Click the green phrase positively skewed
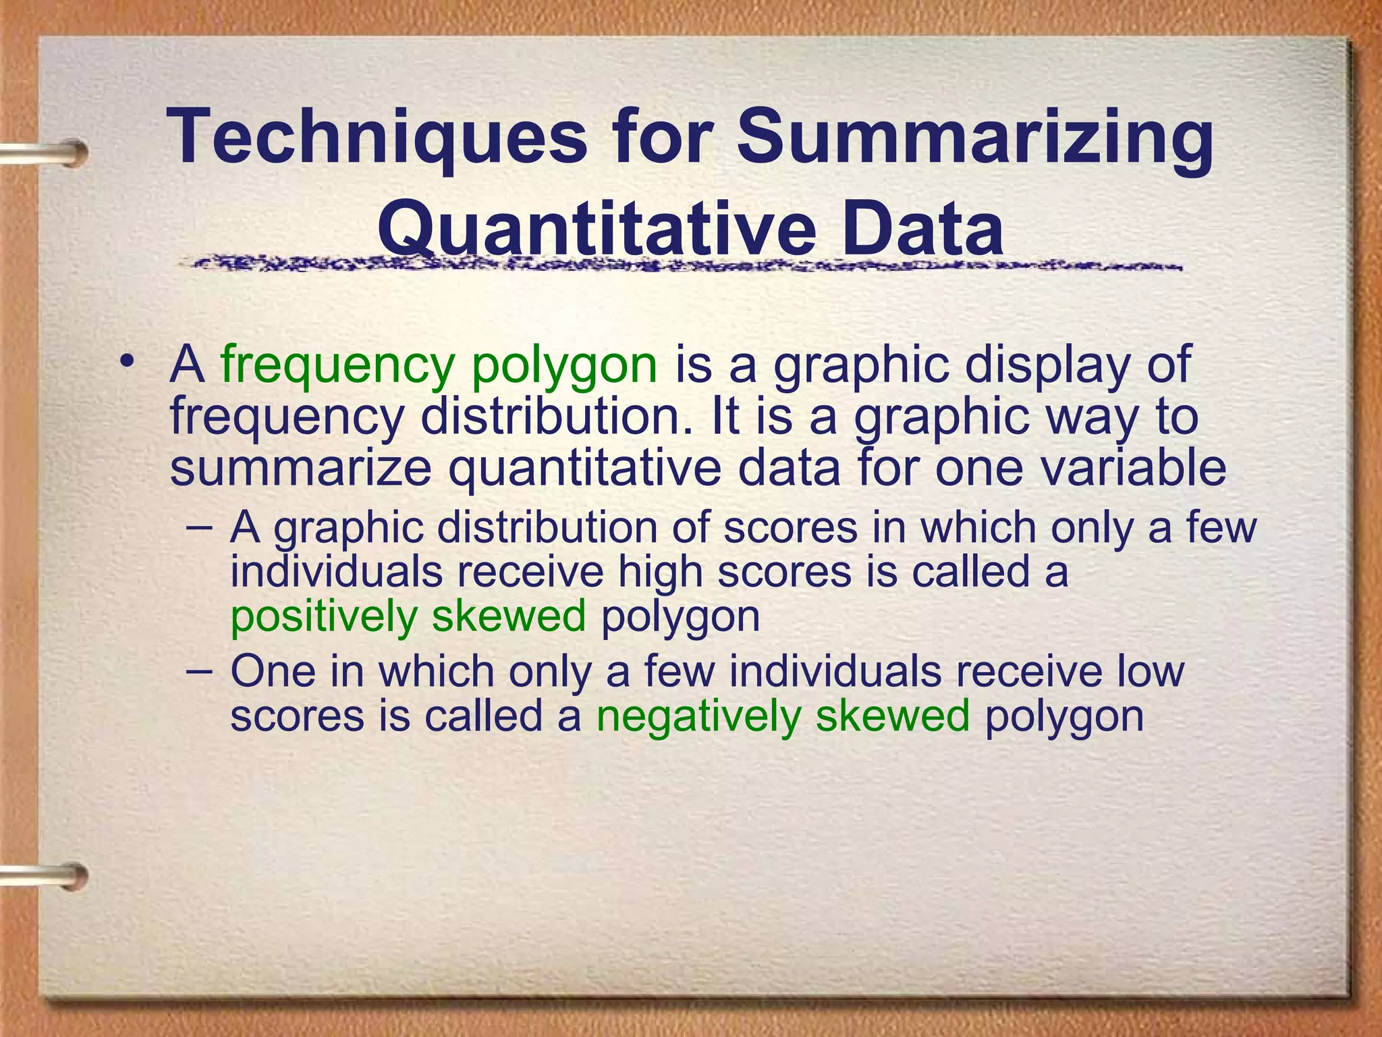click(408, 617)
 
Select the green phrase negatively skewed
click(783, 716)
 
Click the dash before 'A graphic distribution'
click(199, 525)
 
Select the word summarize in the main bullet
click(300, 469)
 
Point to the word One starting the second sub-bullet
click(273, 671)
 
